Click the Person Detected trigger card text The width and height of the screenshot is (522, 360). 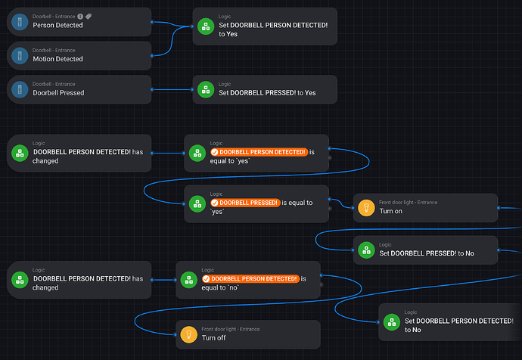pyautogui.click(x=57, y=25)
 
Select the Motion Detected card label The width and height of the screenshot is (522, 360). pyautogui.click(x=57, y=59)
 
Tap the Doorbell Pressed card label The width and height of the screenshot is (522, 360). pyautogui.click(x=58, y=93)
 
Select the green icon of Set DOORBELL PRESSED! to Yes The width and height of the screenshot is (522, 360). pyautogui.click(x=204, y=89)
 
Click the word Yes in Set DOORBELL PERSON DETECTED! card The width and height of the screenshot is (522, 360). pyautogui.click(x=231, y=33)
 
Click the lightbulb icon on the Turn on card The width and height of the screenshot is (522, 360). pyautogui.click(x=365, y=207)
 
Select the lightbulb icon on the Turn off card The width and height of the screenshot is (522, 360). pyautogui.click(x=188, y=334)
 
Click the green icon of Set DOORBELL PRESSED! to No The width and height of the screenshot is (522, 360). pyautogui.click(x=365, y=250)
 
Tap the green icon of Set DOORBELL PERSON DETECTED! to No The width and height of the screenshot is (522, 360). pyautogui.click(x=391, y=321)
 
